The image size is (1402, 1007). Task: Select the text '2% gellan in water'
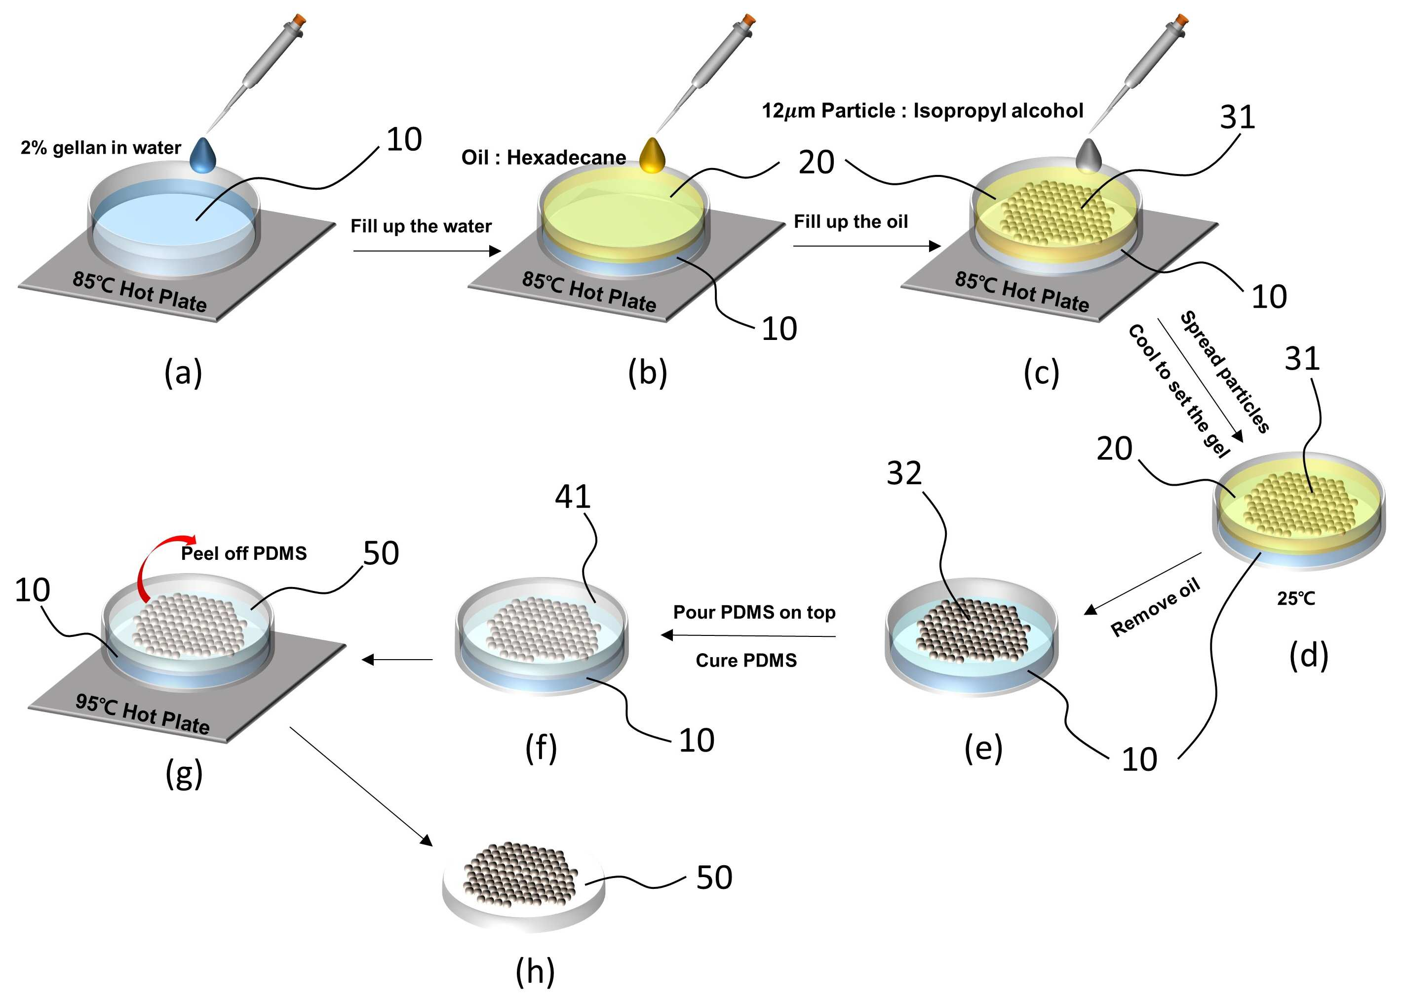tap(101, 148)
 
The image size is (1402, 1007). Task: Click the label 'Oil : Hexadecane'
tap(544, 158)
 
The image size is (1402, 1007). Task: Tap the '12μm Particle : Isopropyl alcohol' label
tap(922, 111)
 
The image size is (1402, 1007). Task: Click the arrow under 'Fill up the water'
tap(427, 251)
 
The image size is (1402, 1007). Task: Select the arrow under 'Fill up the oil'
tap(866, 246)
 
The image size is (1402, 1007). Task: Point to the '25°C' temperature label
tap(1296, 598)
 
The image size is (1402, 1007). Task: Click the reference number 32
tap(904, 473)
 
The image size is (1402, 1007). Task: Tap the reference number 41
tap(573, 496)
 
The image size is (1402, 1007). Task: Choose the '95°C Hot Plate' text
tap(143, 714)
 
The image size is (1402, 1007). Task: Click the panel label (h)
tap(535, 972)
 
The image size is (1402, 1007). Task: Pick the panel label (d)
tap(1309, 655)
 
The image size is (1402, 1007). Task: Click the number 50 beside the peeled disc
tap(714, 878)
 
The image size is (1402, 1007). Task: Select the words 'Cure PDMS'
tap(746, 661)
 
